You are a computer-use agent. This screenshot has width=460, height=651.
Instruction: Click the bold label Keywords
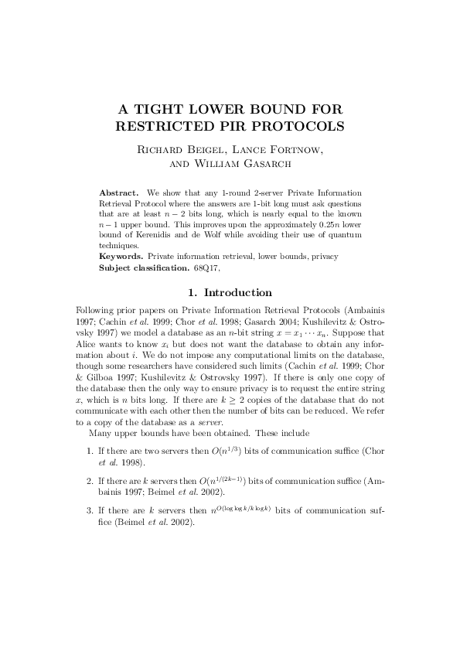click(x=121, y=255)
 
